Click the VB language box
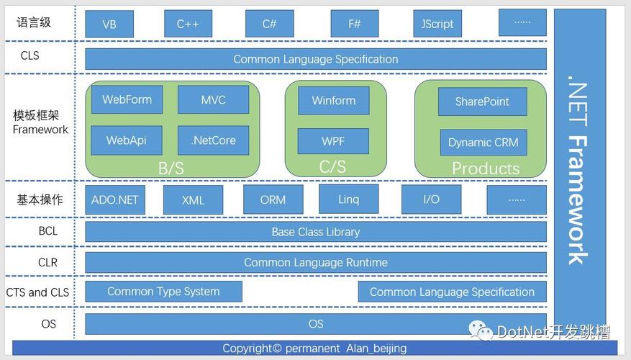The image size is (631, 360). coord(109,24)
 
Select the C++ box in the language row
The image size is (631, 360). coord(188,24)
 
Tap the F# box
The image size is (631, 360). coord(355,24)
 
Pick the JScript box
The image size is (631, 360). coord(437,24)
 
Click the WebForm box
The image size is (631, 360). coord(127,99)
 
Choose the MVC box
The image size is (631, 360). coord(213,99)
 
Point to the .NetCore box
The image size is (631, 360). coord(213,140)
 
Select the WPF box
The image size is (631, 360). coord(333,141)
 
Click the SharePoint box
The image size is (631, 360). coord(483,102)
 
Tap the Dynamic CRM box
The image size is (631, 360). coord(484,142)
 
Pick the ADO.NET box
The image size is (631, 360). coord(115,199)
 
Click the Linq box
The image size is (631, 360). coord(348,199)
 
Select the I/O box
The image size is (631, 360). coord(432,199)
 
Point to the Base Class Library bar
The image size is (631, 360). coord(316,232)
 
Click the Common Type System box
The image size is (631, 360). coord(164,292)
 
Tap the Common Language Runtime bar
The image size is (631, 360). coord(316,263)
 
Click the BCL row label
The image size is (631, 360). coord(48,231)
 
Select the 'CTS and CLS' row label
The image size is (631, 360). coord(37,292)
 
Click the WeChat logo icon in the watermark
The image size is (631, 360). coord(481,330)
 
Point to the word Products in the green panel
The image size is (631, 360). coord(486,168)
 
